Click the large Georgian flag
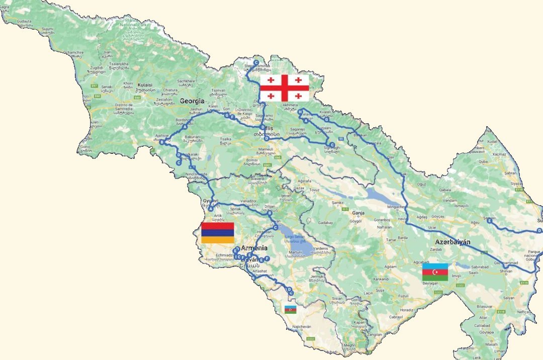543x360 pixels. point(285,88)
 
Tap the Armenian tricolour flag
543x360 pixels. point(218,233)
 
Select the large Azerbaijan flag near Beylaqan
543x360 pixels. point(435,272)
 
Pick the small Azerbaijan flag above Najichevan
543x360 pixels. point(291,309)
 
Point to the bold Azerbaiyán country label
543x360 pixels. point(452,242)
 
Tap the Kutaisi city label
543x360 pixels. point(144,85)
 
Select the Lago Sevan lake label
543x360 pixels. point(296,236)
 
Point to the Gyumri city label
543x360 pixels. point(210,201)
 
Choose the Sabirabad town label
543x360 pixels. point(481,267)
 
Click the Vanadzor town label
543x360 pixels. point(249,201)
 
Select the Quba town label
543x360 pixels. point(483,162)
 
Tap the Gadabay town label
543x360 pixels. point(325,222)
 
